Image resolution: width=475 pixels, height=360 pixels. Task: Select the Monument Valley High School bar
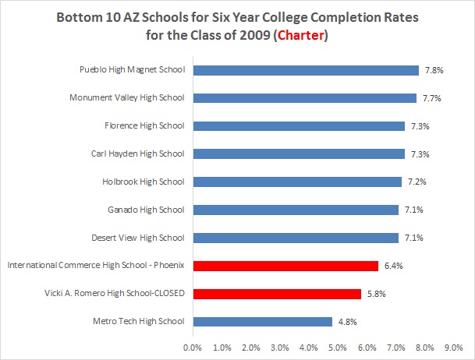coord(304,98)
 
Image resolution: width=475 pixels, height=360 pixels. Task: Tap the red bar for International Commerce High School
coord(285,266)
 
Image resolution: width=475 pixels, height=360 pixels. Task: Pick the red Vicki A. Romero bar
coord(277,294)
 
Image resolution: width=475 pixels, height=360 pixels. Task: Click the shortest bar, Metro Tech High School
coord(262,321)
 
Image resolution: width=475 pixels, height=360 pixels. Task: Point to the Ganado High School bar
coord(296,210)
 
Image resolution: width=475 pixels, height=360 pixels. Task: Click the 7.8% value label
coord(434,70)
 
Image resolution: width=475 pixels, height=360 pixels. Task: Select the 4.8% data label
coord(347,321)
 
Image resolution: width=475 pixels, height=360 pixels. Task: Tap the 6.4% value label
coord(392,266)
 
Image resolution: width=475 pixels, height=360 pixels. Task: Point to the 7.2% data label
coord(416,182)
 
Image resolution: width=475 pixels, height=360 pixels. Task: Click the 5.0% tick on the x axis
coord(338,346)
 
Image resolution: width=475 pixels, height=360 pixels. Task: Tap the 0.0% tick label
coord(193,346)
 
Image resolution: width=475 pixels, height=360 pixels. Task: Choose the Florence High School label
coord(144,125)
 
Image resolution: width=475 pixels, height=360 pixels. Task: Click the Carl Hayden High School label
coord(137,154)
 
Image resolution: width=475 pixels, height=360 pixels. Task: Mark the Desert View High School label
coord(138,238)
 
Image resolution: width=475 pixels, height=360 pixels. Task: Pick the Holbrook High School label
coord(143,182)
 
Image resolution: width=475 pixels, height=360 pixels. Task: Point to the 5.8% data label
coord(375,294)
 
